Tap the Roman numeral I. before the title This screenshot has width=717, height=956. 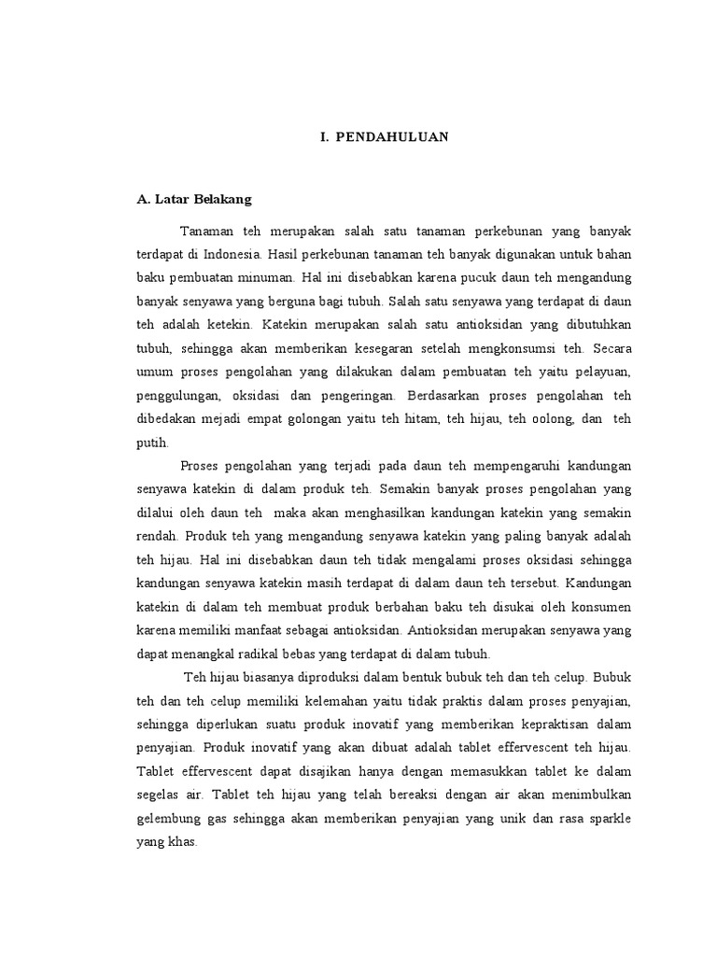point(324,137)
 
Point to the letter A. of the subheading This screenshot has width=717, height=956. point(143,199)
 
